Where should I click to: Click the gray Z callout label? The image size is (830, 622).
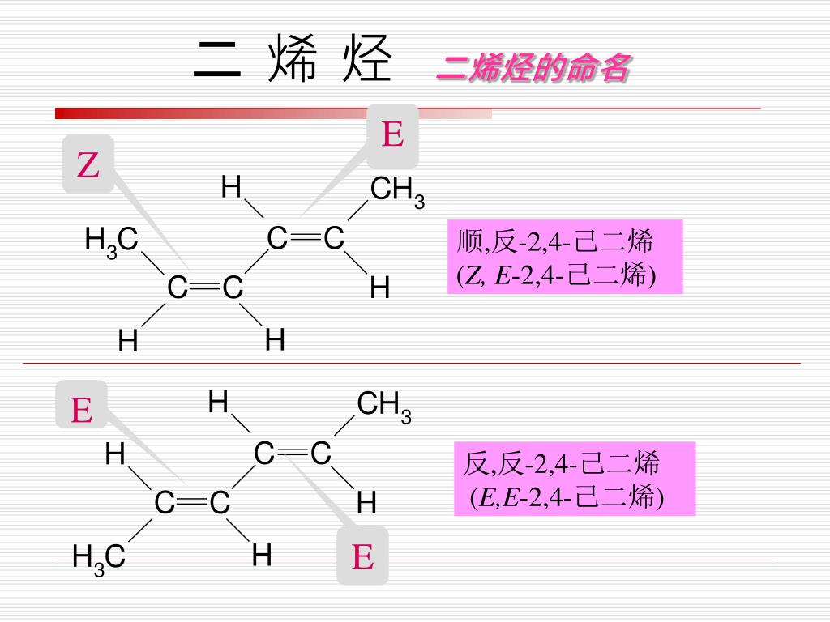pyautogui.click(x=88, y=164)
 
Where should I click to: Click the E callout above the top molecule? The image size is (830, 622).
pyautogui.click(x=393, y=133)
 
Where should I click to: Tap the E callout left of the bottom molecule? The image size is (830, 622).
pyautogui.click(x=81, y=410)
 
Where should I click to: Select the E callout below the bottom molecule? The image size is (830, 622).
pyautogui.click(x=362, y=556)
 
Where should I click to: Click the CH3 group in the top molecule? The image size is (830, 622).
pyautogui.click(x=396, y=192)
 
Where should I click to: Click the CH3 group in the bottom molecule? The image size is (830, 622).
pyautogui.click(x=383, y=406)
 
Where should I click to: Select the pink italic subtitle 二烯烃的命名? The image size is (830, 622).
pyautogui.click(x=532, y=70)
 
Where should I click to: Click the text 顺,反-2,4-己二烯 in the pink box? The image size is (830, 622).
pyautogui.click(x=555, y=241)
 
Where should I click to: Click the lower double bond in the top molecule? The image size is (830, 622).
pyautogui.click(x=206, y=288)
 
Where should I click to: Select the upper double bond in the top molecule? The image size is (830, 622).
pyautogui.click(x=306, y=239)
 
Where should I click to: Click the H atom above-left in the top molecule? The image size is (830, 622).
pyautogui.click(x=231, y=189)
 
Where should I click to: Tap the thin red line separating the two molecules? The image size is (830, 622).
pyautogui.click(x=405, y=363)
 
